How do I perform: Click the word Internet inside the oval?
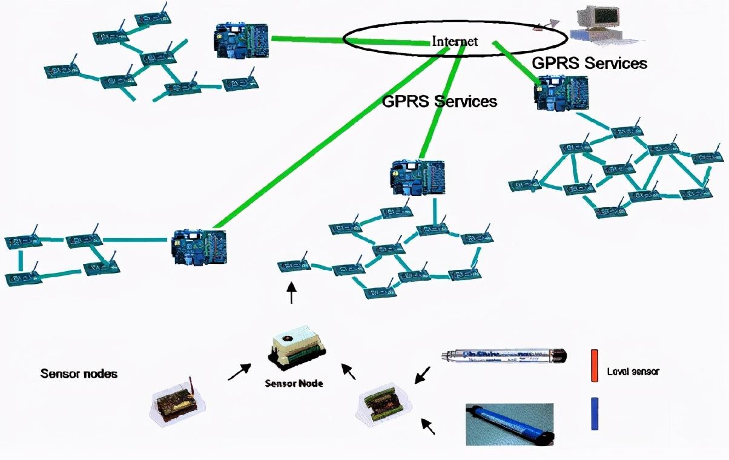[x=455, y=41]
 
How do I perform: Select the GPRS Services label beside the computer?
[x=589, y=63]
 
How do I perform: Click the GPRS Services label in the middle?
[x=440, y=101]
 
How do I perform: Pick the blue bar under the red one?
[x=595, y=413]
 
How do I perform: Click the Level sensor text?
[x=633, y=372]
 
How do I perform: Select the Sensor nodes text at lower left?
[x=79, y=373]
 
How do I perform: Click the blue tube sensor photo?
[x=509, y=424]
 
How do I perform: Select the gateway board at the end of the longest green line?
[x=199, y=246]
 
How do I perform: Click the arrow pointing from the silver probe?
[x=423, y=375]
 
